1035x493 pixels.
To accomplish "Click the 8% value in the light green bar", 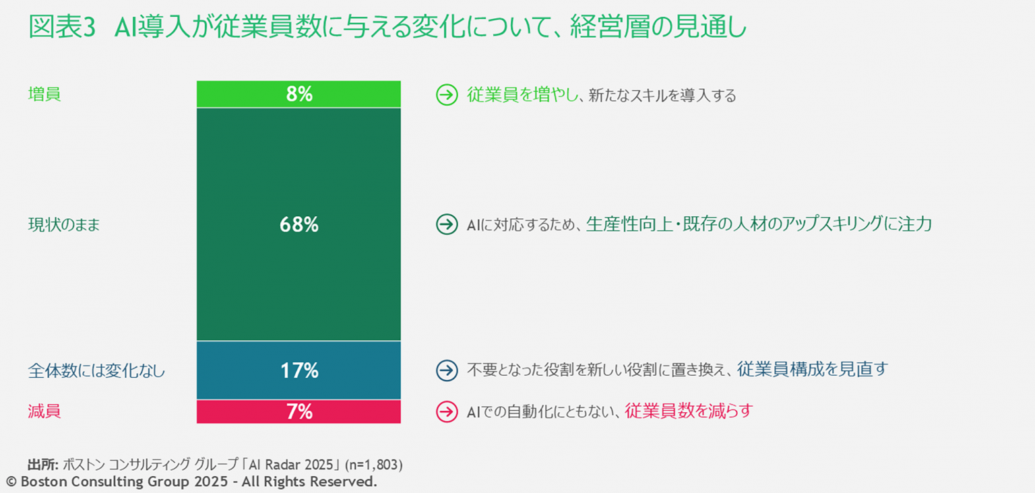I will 299,94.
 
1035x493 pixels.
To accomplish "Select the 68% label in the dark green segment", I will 299,225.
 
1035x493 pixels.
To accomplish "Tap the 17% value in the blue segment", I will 299,370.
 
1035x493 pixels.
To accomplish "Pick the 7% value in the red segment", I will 299,412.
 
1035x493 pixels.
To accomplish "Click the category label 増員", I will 44,94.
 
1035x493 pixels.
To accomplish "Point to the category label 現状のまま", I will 64,225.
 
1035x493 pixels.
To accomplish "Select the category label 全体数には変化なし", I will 96,370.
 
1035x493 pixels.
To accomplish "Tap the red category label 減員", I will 44,412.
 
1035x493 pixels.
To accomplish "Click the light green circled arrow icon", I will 447,95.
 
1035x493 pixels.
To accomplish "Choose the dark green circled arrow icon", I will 447,225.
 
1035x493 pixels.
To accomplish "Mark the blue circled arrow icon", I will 447,370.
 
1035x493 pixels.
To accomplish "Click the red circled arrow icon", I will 447,412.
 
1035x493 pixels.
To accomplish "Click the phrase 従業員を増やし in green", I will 523,95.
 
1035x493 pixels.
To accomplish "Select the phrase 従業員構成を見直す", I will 813,369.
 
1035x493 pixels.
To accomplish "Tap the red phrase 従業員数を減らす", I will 688,411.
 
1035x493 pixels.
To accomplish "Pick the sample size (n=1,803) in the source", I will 373,465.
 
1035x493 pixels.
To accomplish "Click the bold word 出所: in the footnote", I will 43,465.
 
